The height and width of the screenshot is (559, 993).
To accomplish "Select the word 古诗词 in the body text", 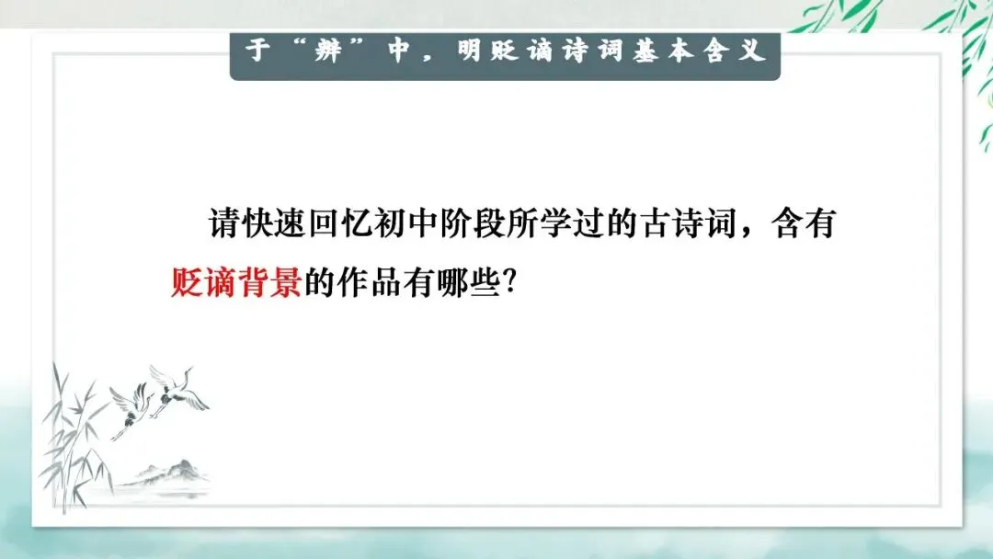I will (688, 224).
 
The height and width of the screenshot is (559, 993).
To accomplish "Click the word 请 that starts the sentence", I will (223, 224).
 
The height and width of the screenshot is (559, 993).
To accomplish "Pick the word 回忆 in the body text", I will (323, 224).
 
